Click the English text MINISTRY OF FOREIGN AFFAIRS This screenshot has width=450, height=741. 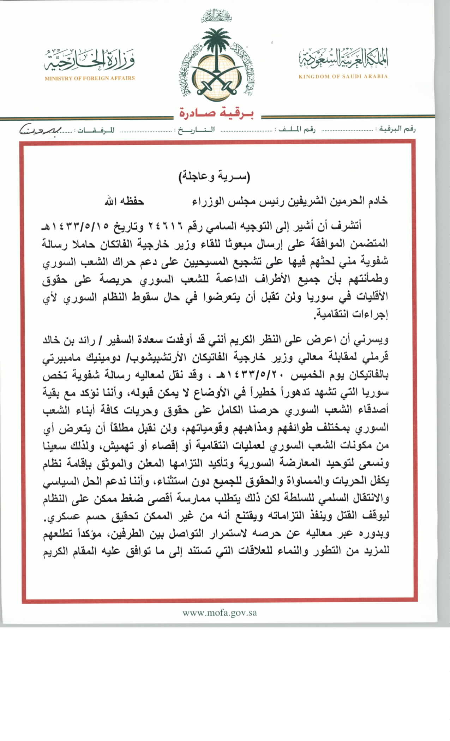click(x=90, y=78)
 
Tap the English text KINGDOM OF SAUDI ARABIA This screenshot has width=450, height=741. click(x=343, y=76)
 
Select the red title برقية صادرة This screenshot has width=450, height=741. click(x=217, y=113)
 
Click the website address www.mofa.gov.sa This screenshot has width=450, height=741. click(x=220, y=613)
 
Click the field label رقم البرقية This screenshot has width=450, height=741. click(x=397, y=129)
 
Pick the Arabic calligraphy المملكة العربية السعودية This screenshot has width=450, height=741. click(x=343, y=58)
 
